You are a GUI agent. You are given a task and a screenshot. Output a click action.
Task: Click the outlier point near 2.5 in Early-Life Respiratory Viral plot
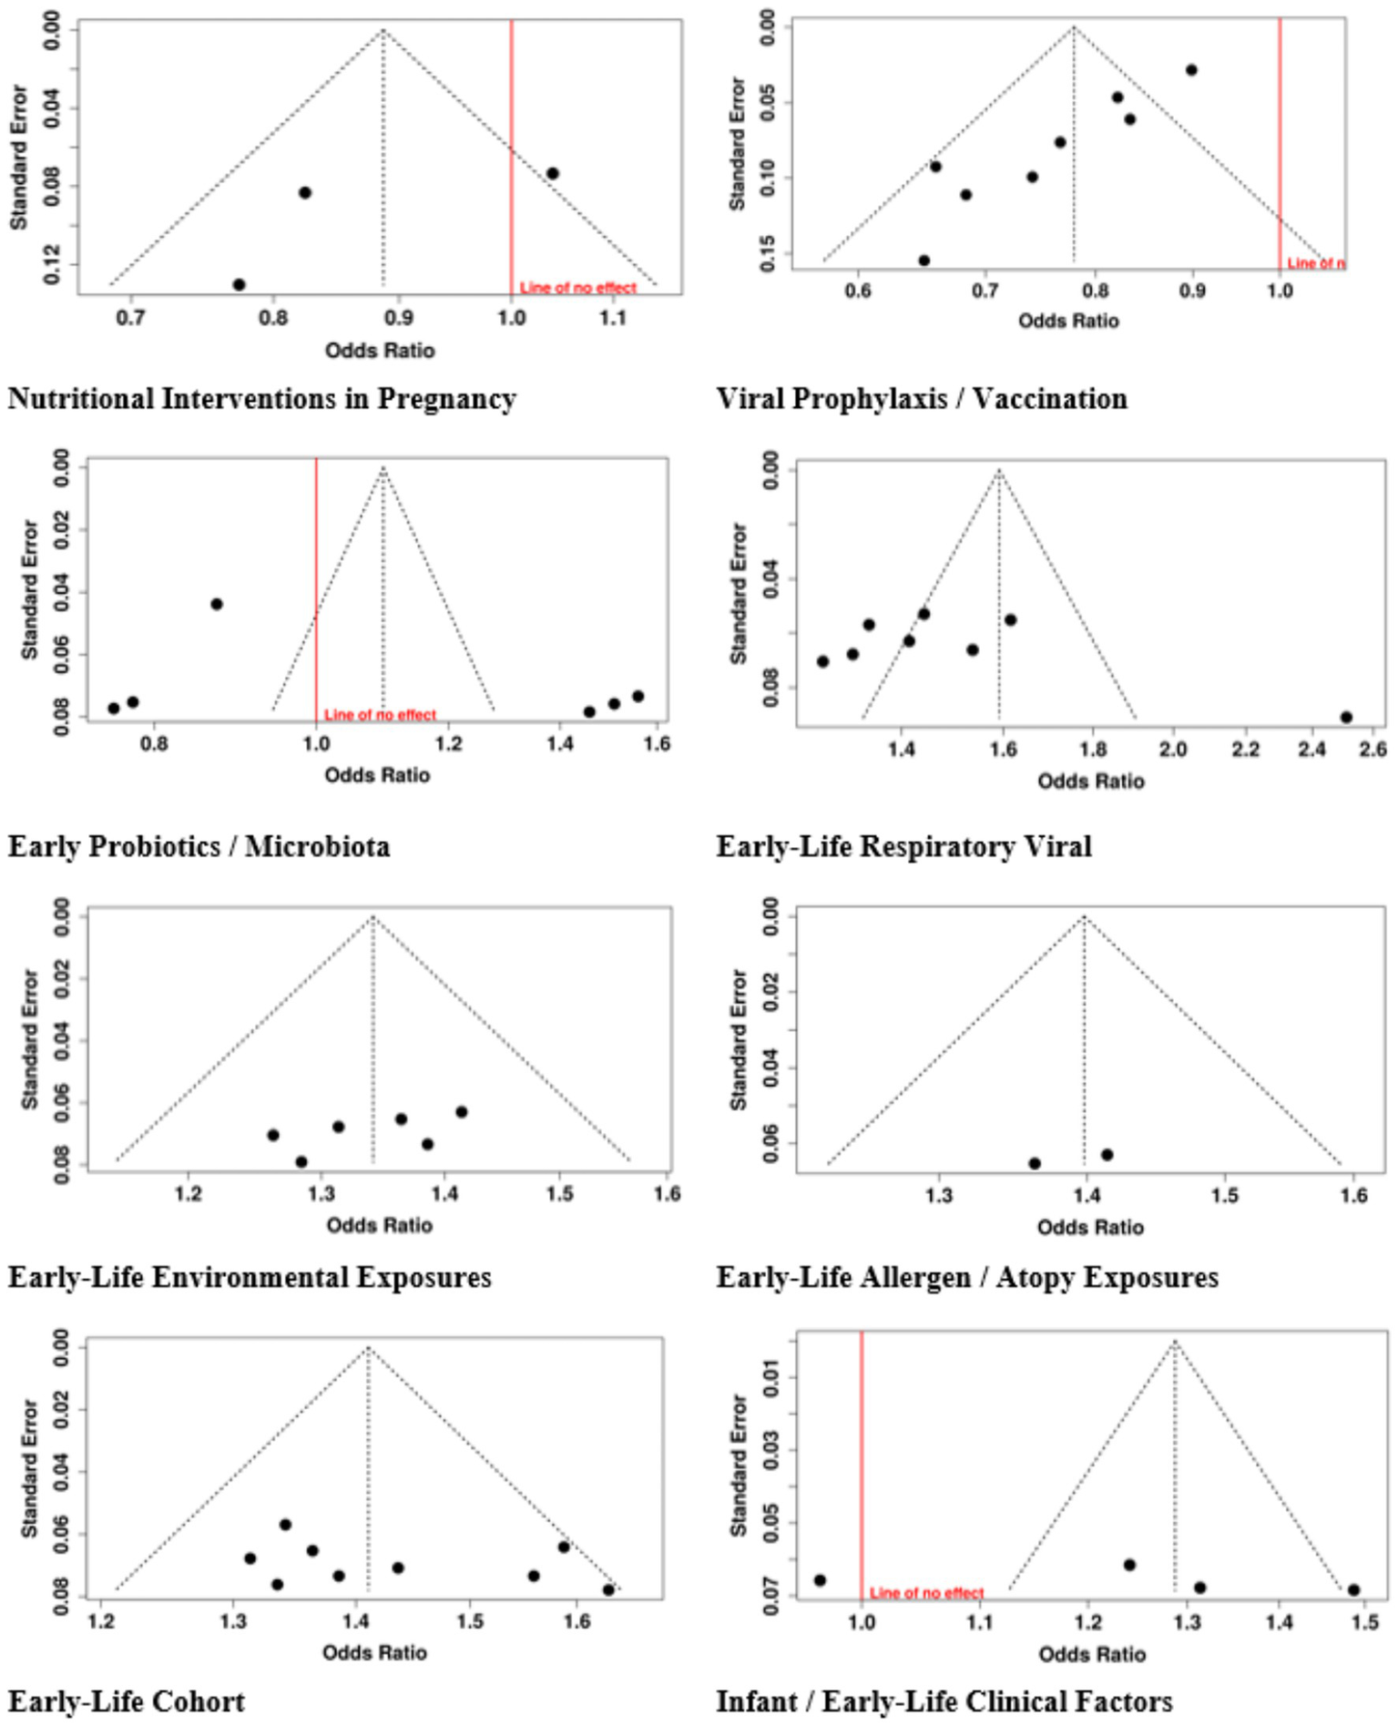[1346, 717]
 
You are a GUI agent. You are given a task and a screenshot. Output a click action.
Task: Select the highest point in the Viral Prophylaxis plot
[1191, 70]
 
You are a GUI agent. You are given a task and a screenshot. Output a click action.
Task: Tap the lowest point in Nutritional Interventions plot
[239, 284]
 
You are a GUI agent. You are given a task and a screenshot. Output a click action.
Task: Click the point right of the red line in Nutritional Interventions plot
[553, 173]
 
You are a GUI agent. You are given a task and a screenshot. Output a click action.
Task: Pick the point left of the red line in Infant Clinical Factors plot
[820, 1580]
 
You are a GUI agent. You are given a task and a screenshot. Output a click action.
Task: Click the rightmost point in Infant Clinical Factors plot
[1353, 1590]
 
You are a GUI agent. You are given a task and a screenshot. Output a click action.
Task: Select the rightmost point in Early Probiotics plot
[638, 696]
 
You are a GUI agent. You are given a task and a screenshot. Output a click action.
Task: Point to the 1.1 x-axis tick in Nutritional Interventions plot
[613, 318]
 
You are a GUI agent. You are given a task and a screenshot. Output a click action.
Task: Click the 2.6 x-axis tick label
[1373, 750]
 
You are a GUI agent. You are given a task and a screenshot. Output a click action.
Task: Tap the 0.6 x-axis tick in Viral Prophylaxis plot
[857, 291]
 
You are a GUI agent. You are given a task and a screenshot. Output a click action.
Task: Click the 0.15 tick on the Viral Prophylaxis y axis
[767, 253]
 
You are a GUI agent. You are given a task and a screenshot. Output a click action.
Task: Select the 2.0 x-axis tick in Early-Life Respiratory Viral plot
[1173, 750]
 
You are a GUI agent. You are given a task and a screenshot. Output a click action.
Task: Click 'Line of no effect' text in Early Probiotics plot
[380, 715]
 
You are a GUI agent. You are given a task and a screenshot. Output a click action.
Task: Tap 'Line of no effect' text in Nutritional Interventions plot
[578, 288]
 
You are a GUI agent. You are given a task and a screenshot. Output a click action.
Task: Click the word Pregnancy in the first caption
[446, 399]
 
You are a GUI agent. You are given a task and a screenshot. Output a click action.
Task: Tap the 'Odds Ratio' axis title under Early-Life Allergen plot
[1090, 1227]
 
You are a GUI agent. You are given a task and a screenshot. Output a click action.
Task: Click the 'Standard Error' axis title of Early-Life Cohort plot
[29, 1469]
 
